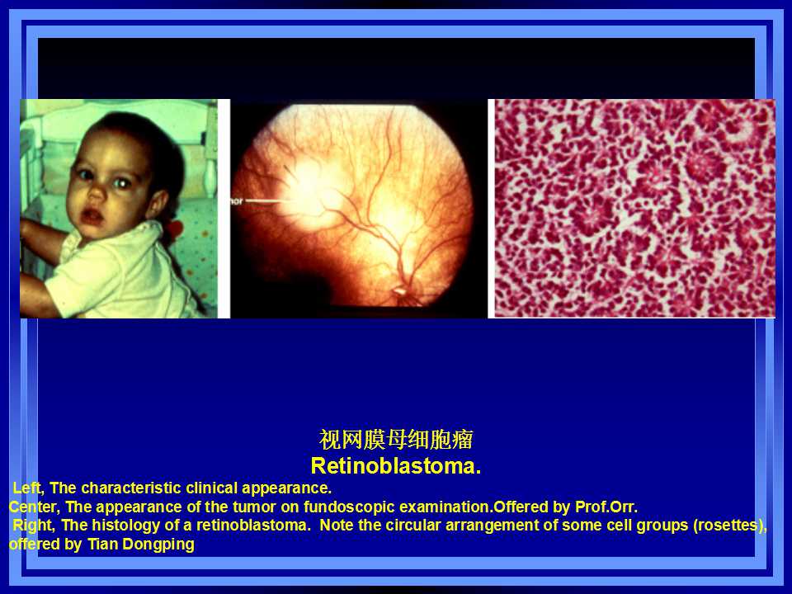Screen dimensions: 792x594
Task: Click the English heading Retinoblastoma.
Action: coord(395,465)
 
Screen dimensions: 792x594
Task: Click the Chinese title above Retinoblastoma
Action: coord(396,440)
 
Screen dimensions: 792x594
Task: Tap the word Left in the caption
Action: coord(28,488)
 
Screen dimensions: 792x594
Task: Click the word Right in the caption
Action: coord(33,526)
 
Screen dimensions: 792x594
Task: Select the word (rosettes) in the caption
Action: coord(730,526)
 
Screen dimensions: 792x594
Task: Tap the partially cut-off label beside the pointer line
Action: coord(237,201)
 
